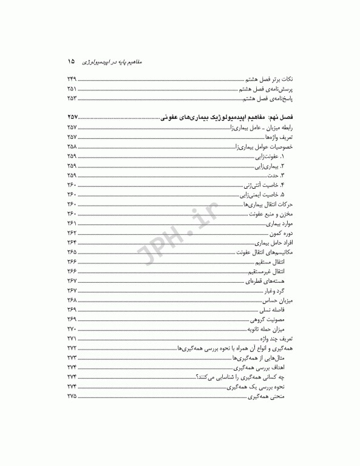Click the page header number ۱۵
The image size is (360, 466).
coord(71,61)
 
